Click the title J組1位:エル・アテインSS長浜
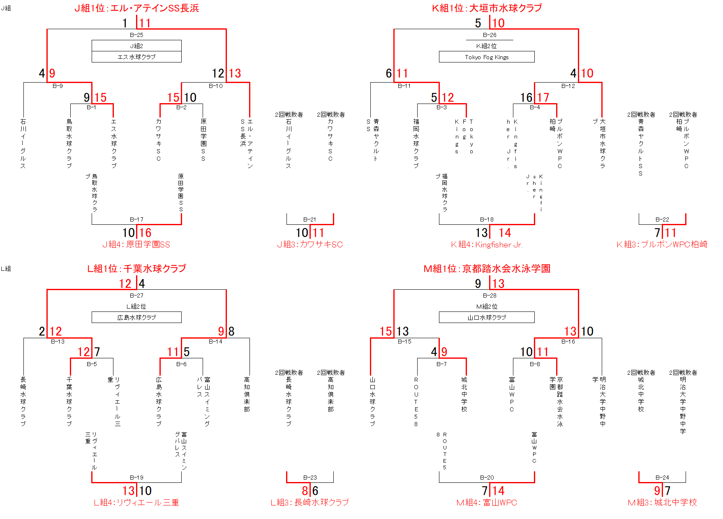coord(136,8)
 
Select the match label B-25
coord(136,35)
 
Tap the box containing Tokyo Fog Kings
coord(487,57)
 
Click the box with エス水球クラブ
coord(136,57)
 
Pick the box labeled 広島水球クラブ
coord(136,317)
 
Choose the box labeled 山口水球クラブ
coord(487,317)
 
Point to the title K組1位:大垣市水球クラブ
coord(487,8)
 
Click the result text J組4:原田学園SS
coord(136,245)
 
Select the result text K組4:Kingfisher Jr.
coord(487,245)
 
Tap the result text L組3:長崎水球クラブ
coord(310,503)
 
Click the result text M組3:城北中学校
coord(662,503)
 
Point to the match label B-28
coord(490,295)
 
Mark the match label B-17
coord(136,219)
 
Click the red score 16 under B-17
coord(145,233)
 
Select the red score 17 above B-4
coord(543,97)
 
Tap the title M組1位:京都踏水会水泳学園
coord(487,269)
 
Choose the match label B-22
coord(662,219)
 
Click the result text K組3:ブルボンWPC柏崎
coord(662,245)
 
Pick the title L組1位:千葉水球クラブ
coord(136,269)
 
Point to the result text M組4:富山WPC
coord(487,503)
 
